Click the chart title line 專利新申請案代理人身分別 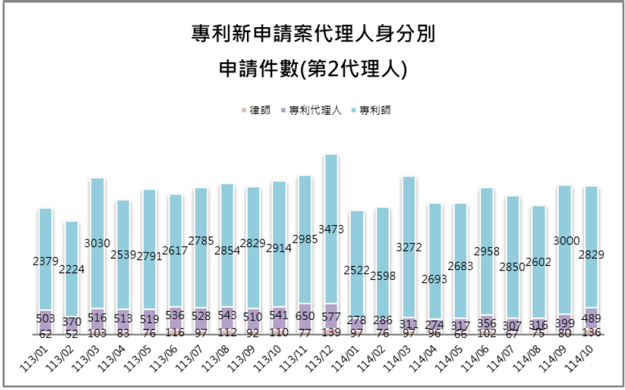pos(312,33)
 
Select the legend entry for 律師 pos(257,110)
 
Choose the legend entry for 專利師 pos(371,110)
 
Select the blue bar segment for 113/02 pos(71,247)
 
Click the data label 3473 pos(331,230)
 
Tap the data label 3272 pos(409,247)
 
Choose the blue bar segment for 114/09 pos(565,214)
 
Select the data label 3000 pos(565,241)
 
